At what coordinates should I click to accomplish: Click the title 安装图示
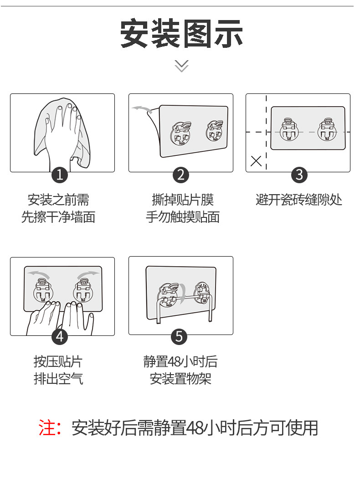click(x=181, y=33)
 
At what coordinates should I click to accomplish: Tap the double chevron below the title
click(x=181, y=66)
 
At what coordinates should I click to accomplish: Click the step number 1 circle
click(x=60, y=174)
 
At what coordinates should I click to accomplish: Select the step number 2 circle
click(x=181, y=174)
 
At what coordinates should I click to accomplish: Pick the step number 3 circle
click(x=299, y=174)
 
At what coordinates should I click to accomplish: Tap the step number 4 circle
click(x=60, y=337)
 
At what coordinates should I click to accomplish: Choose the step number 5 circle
click(x=179, y=337)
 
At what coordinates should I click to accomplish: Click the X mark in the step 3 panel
click(x=256, y=160)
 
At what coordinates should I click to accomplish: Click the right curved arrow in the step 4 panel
click(x=87, y=273)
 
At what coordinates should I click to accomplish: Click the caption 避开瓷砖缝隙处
click(x=298, y=200)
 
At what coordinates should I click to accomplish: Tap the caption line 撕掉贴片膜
click(x=182, y=200)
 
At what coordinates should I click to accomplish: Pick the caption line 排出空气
click(x=58, y=378)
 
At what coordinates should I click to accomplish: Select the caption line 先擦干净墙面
click(x=58, y=216)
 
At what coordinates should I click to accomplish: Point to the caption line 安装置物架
click(x=180, y=378)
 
